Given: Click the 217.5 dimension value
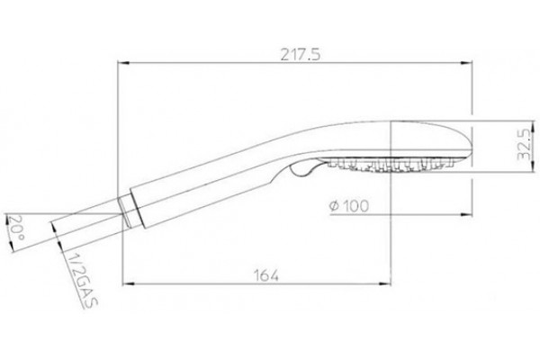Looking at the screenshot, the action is (x=301, y=54).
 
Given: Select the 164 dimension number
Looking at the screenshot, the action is (x=265, y=275).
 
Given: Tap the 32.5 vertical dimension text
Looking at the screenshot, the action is (x=524, y=144).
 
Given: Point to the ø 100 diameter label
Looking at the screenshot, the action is (x=349, y=206).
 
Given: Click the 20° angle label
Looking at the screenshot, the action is (x=17, y=228).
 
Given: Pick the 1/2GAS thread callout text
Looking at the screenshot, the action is (x=82, y=280).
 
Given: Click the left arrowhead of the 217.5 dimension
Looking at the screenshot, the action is (x=122, y=63).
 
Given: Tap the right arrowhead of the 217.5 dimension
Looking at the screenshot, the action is (x=466, y=63).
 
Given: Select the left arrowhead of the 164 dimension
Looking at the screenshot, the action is (x=128, y=283).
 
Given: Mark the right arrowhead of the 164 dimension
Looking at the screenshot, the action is (x=385, y=283).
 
